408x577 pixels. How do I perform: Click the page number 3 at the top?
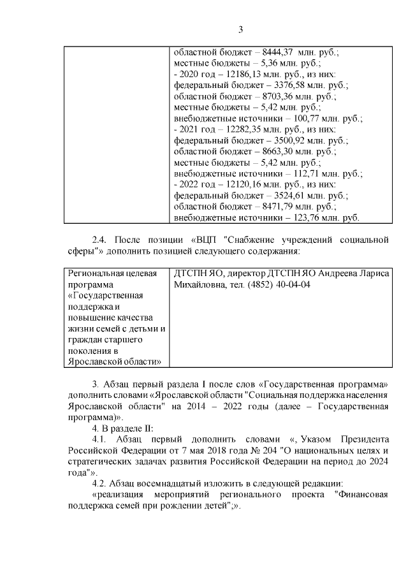[241, 29]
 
